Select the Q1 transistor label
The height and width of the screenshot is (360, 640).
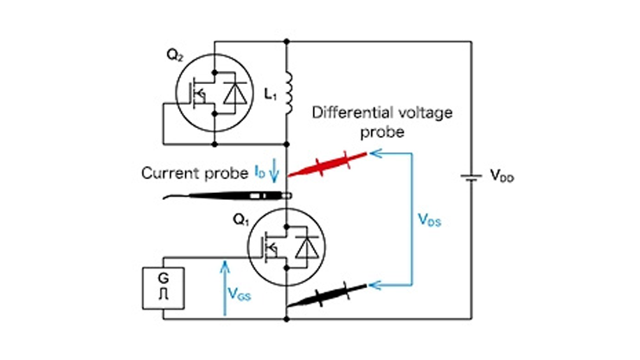[239, 217]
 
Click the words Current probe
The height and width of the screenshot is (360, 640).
[195, 172]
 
